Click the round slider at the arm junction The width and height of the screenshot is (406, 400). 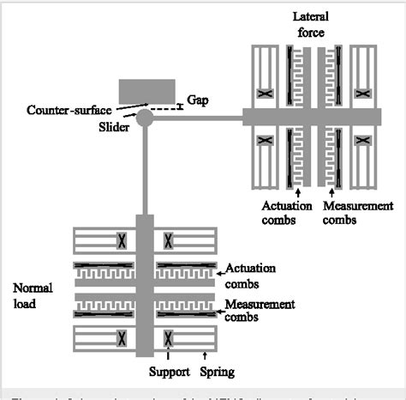[x=144, y=116]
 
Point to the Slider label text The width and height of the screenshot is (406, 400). [x=101, y=126]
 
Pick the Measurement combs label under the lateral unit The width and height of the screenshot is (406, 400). [x=356, y=213]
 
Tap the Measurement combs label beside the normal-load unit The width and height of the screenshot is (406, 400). [x=259, y=311]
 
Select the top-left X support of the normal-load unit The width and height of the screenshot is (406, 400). [x=122, y=239]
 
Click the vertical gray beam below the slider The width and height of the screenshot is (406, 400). [x=144, y=172]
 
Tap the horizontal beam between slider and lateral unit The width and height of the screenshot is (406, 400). [x=197, y=116]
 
